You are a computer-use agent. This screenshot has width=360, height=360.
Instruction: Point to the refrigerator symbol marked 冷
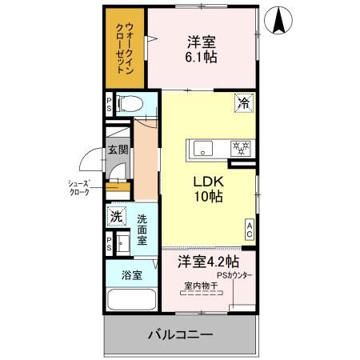coord(242,102)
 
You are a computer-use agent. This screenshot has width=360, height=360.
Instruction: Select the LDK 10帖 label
coord(205,188)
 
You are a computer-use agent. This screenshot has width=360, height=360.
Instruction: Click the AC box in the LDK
coord(249,230)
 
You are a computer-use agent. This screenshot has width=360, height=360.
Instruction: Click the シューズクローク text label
coord(78,188)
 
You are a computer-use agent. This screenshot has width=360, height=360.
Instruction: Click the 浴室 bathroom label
coord(132,276)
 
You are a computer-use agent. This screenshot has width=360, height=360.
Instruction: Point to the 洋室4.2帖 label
coord(207,262)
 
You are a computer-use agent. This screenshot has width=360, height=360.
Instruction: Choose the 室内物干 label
coord(199,286)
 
